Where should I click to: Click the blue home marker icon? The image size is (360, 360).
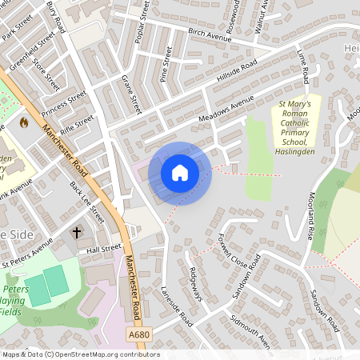click(180, 173)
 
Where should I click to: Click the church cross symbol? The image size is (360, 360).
click(77, 233)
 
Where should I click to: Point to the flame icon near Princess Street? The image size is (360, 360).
click(23, 123)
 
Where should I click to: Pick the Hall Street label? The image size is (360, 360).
click(104, 250)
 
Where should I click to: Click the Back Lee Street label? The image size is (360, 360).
click(87, 201)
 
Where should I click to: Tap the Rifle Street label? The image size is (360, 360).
click(78, 124)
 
